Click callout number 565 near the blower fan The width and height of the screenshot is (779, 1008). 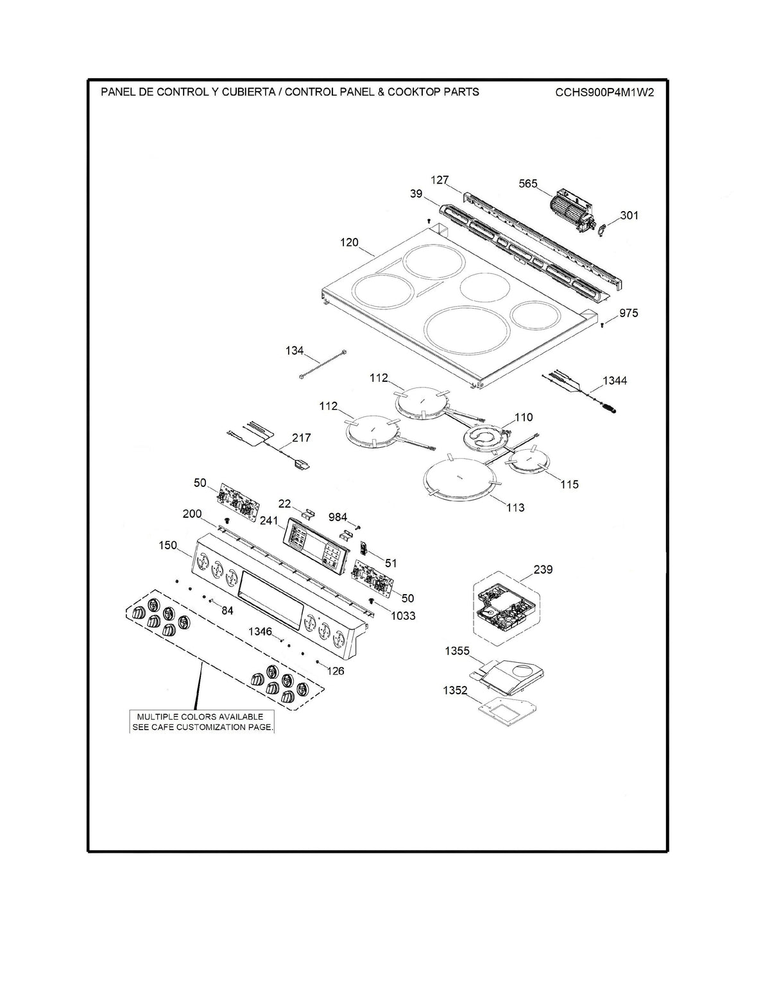[x=527, y=184]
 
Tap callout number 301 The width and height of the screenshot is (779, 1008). [x=629, y=215]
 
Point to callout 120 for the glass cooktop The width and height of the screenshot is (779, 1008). [x=349, y=243]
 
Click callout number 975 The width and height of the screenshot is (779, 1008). [x=628, y=313]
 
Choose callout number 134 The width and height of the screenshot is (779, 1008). [x=295, y=350]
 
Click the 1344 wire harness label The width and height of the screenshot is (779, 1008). [x=615, y=380]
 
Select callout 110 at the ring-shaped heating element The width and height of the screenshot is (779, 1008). [x=523, y=417]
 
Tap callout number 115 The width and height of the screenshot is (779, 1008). [x=569, y=484]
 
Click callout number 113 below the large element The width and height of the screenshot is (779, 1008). [x=515, y=508]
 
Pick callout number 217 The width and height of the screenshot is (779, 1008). [x=301, y=438]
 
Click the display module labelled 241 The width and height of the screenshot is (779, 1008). [x=310, y=543]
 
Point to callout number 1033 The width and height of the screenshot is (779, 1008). [x=402, y=615]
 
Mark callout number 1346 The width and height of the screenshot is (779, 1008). [x=260, y=632]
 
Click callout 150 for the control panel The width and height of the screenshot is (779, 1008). [x=167, y=545]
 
